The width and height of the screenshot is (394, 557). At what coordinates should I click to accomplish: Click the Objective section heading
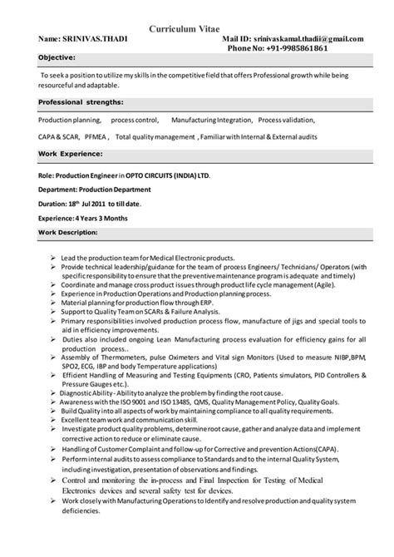57,58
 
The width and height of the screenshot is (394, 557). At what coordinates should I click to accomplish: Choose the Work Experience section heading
71,155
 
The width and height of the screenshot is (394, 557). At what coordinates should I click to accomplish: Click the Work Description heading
71,230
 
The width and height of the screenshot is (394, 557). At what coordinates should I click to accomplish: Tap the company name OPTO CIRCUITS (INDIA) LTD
169,176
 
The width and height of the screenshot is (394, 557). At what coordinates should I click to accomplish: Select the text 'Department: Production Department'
99,190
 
